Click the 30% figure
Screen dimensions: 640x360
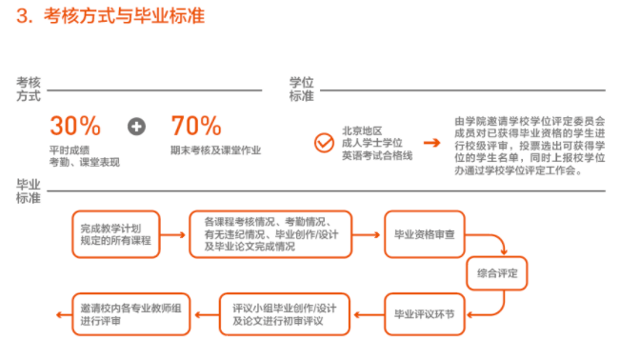75,126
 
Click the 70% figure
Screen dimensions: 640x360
196,126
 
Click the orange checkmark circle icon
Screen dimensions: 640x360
323,143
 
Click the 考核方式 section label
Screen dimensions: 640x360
29,90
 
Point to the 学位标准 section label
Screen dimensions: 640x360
301,90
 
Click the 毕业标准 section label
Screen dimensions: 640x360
29,190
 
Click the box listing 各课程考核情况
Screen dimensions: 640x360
270,234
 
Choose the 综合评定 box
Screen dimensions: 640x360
496,273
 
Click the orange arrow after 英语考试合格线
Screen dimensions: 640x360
432,143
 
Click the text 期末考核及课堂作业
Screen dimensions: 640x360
215,150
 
